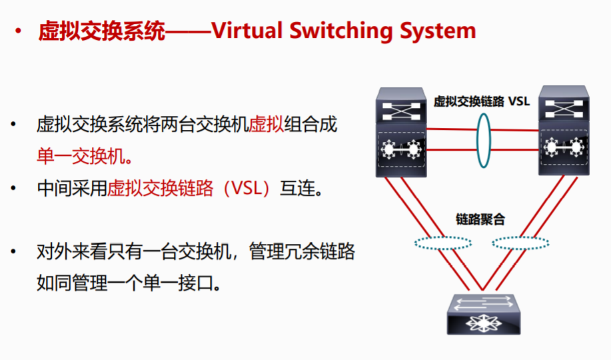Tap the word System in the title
coord(436,31)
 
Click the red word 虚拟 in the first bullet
coord(266,125)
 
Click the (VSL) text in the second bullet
coord(241,189)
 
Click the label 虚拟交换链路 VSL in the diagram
coord(481,101)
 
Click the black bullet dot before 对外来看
coord(14,253)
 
